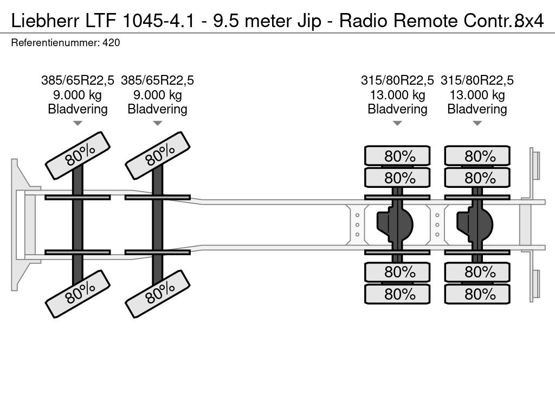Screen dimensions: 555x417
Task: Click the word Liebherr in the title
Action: click(46, 21)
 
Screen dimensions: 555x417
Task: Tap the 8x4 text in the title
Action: click(529, 21)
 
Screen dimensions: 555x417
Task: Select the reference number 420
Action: click(111, 42)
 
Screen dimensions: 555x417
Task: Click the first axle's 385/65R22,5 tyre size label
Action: click(78, 80)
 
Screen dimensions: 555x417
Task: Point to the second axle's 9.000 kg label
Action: click(158, 94)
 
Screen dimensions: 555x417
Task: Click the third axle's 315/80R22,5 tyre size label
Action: click(397, 80)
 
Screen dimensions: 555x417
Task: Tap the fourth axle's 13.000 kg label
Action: click(477, 94)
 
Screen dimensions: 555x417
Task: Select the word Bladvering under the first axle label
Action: click(78, 109)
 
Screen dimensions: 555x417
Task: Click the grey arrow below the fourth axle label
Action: click(477, 123)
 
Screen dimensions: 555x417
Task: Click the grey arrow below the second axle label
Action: click(158, 123)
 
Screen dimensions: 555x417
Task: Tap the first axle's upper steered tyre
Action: click(78, 155)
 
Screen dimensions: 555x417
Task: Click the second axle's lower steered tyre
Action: click(158, 294)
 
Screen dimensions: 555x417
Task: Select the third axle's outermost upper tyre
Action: click(397, 156)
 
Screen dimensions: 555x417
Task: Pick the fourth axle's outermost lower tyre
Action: click(477, 294)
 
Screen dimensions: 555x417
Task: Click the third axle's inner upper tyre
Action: click(397, 178)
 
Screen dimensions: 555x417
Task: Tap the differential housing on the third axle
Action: click(395, 225)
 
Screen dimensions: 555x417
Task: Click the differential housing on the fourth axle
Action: click(475, 225)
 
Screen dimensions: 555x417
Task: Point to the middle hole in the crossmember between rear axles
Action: click(437, 225)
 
